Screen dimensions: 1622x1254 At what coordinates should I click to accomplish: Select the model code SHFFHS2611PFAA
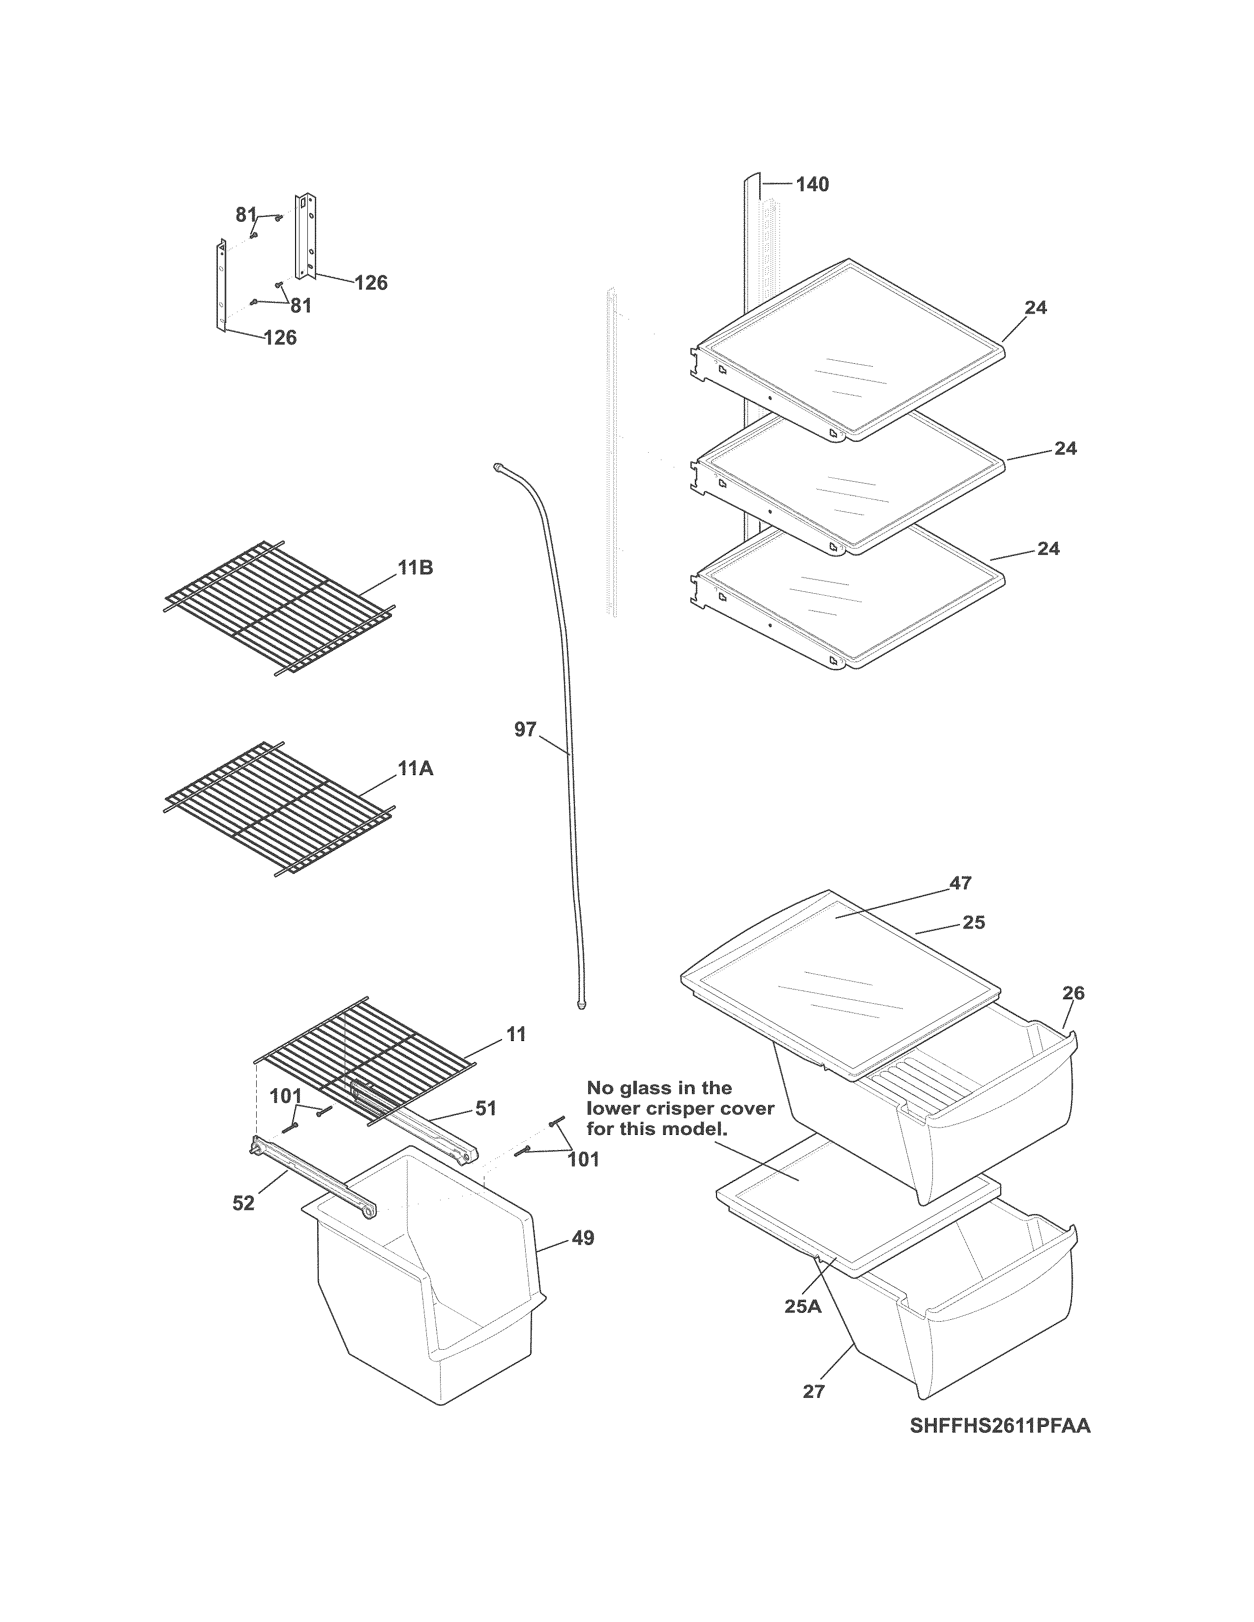tap(999, 1426)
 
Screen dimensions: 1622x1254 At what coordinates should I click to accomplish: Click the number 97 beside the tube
tap(525, 730)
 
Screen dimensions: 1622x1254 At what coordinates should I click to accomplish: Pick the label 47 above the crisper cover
tap(960, 883)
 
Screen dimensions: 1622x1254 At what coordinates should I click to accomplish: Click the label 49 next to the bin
tap(583, 1238)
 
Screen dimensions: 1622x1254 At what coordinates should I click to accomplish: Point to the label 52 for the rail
tap(243, 1204)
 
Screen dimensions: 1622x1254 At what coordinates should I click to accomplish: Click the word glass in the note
tap(641, 1088)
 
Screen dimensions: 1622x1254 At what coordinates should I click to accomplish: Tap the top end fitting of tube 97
tap(498, 467)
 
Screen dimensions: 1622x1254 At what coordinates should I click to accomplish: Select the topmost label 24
tap(1036, 308)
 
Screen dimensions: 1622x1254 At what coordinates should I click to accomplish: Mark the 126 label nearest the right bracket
tap(371, 283)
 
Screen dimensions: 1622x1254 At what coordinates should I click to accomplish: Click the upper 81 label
tap(246, 215)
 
